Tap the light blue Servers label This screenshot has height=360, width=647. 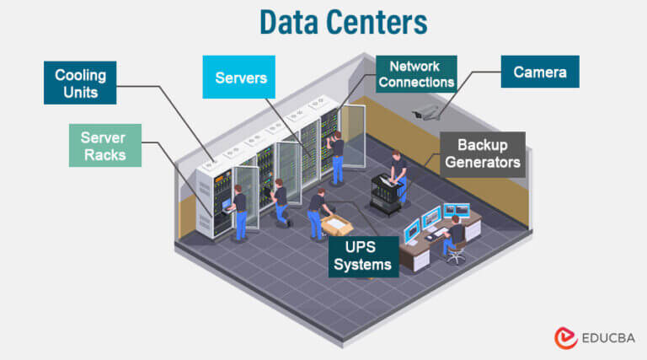tap(240, 78)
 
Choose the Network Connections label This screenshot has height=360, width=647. tap(415, 74)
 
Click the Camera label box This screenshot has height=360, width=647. tap(540, 73)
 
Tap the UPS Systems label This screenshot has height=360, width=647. tap(362, 256)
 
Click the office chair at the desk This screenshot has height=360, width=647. tap(455, 250)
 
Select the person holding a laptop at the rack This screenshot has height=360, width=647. tap(239, 211)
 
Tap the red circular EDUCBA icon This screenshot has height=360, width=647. tap(565, 338)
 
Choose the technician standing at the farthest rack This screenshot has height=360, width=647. tap(337, 156)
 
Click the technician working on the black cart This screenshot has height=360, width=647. tap(398, 173)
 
